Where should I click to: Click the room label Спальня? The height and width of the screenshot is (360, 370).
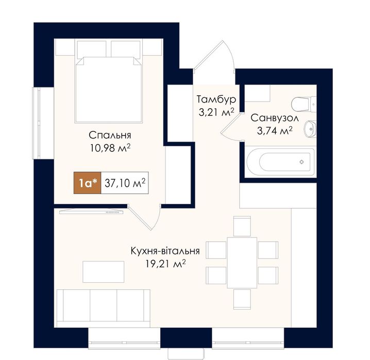coord(110,135)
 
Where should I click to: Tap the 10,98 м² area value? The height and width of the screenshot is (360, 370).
coord(110,148)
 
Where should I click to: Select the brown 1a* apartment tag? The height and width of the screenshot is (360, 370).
coord(88,183)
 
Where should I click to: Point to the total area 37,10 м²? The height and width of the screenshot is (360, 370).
coord(125,183)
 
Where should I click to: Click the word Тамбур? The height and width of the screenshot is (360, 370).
coord(216,99)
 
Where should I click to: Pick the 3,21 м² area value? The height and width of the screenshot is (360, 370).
coord(216,112)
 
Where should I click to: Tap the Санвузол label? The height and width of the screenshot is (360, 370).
coord(275,118)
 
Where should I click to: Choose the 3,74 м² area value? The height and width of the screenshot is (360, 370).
coord(275,130)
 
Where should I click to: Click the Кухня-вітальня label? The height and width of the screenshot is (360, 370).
coord(165,251)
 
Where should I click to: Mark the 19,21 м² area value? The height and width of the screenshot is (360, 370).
coord(165,264)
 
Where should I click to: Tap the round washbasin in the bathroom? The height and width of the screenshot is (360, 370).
coord(310,129)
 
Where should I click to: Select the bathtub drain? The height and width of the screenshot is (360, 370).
coord(301,162)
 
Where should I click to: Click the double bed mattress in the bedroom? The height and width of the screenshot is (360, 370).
coord(109,90)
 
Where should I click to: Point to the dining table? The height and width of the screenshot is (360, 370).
coord(242,263)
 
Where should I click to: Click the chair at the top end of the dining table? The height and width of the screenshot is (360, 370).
coord(242,226)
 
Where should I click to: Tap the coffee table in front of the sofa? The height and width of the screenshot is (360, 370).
coord(104,271)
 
